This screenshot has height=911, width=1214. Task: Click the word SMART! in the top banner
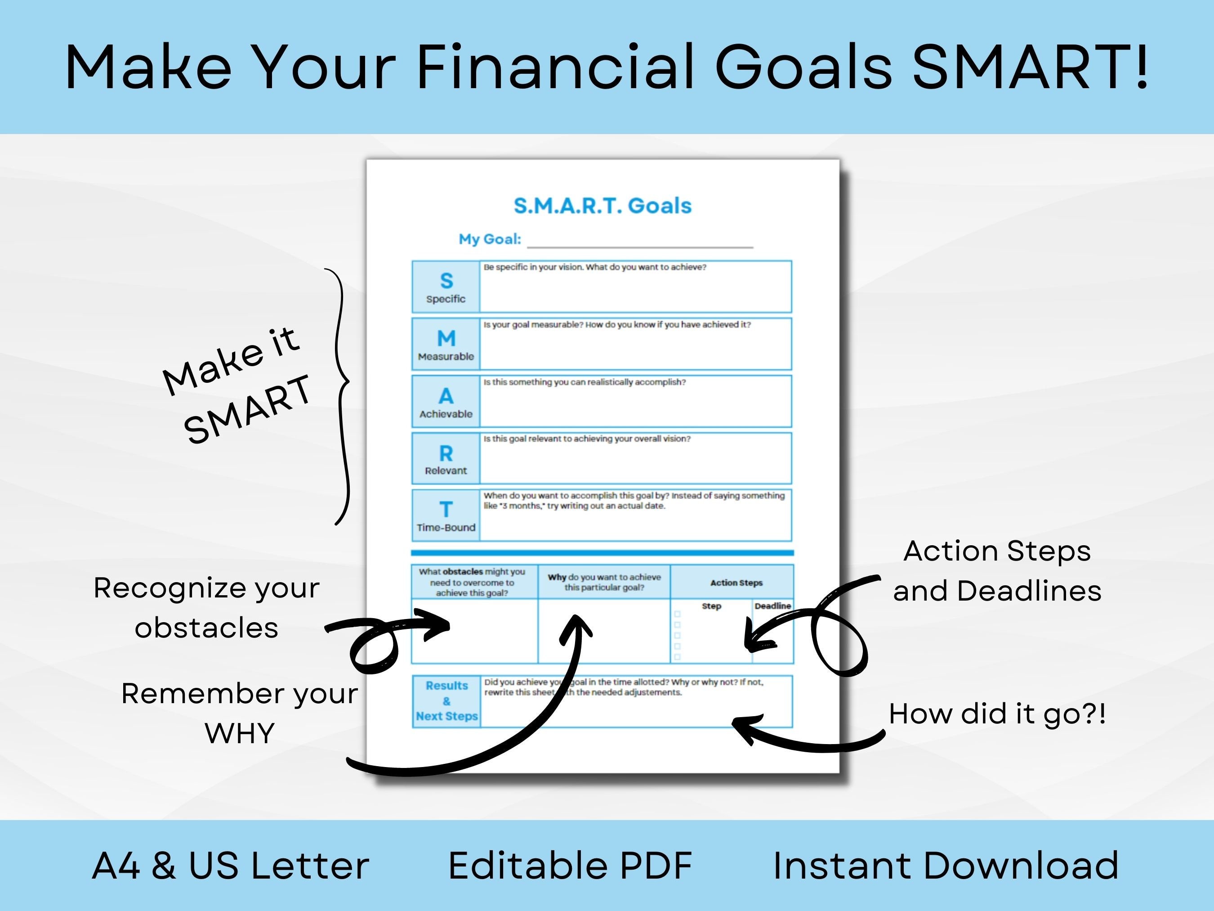point(1030,67)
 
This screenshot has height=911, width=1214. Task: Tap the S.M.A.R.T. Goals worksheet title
point(602,206)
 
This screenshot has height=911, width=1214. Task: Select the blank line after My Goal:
point(639,242)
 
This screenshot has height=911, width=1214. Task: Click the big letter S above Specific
point(446,281)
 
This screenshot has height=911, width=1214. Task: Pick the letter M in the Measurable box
point(446,338)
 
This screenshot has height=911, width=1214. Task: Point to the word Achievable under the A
point(446,414)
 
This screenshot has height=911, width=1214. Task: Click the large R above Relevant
point(446,453)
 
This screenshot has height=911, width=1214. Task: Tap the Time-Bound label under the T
point(446,527)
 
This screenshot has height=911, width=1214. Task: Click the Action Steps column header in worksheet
point(736,583)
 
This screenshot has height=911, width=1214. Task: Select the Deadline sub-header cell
point(772,606)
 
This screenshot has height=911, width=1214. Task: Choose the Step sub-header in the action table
point(711,606)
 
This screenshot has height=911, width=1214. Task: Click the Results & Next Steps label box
point(446,701)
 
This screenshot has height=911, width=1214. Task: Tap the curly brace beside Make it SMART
point(341,395)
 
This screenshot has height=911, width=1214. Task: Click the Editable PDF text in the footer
point(570,866)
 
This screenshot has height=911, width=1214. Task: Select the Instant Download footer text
point(945,866)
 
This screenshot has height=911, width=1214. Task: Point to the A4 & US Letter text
point(231,866)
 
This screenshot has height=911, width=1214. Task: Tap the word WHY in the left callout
point(239,733)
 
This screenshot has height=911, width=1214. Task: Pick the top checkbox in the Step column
point(677,614)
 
